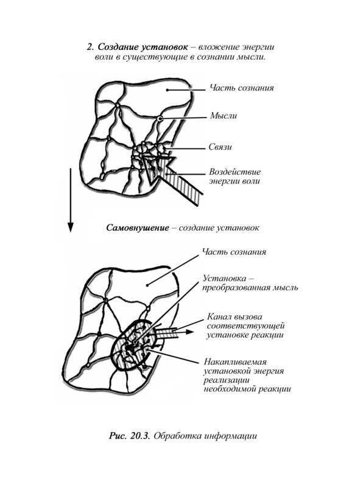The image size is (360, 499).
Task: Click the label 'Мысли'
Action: point(224,116)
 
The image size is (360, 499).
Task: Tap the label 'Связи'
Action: point(220,147)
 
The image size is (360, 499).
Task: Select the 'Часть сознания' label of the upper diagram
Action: point(242,88)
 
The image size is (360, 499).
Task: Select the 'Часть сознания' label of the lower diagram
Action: point(234,252)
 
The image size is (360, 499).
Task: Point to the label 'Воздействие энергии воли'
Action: point(235,176)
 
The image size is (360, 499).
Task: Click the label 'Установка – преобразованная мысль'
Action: point(250,283)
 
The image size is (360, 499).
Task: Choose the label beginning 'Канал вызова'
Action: point(245,326)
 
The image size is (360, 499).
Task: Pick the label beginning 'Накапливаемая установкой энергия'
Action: point(247,375)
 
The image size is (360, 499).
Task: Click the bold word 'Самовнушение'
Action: point(137,228)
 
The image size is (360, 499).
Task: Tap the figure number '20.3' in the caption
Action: point(140,436)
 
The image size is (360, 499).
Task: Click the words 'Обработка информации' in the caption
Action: point(205,436)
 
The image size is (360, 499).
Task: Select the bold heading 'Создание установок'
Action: point(143,47)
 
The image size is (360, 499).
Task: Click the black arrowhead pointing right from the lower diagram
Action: point(189,332)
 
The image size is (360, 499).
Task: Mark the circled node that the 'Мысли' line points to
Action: point(160,119)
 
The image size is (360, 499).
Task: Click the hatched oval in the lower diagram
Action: point(133,344)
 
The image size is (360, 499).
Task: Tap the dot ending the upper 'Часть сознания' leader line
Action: point(167,90)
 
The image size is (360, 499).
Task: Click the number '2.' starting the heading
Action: point(90,47)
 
